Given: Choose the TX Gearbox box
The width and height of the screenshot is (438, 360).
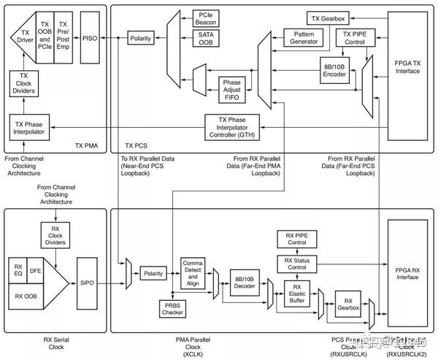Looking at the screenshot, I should (x=329, y=17).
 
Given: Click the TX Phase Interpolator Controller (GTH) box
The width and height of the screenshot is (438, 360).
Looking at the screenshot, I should (x=232, y=127).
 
